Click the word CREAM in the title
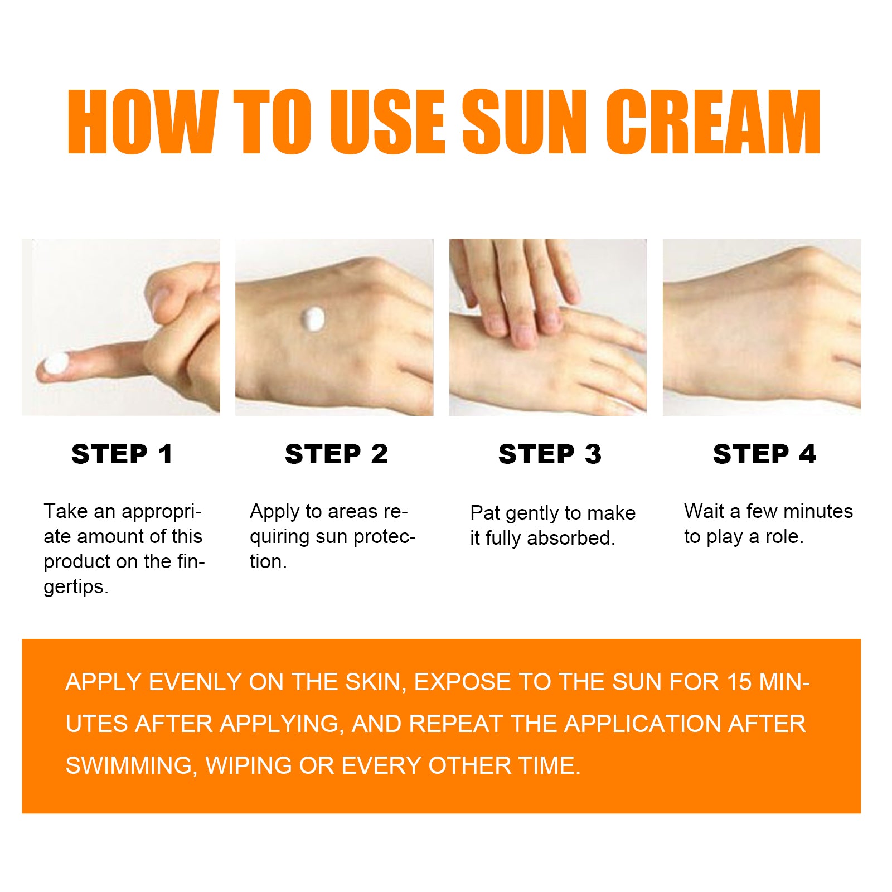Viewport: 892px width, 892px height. click(713, 122)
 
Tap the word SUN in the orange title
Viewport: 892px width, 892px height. click(523, 122)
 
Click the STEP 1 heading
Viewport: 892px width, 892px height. click(122, 454)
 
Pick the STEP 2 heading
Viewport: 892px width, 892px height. click(336, 454)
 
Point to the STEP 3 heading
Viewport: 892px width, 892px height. click(550, 454)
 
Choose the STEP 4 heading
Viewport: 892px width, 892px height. click(764, 454)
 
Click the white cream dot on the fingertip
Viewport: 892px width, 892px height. click(56, 364)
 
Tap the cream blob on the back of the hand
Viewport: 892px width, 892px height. click(313, 319)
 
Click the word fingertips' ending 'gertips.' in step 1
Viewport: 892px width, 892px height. click(76, 587)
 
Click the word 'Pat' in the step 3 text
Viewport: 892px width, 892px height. click(485, 513)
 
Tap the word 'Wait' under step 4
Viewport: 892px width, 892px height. click(704, 511)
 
